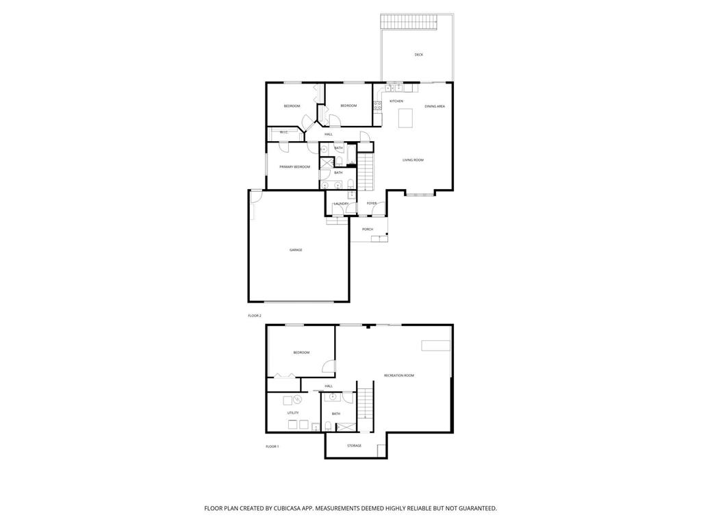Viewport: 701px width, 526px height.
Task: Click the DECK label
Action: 418,55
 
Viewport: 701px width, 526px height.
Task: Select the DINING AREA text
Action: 435,106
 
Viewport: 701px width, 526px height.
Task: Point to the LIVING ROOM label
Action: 413,160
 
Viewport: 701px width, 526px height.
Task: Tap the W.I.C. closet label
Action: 283,132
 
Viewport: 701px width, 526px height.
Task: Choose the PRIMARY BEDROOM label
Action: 294,167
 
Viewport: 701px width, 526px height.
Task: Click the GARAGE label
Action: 296,250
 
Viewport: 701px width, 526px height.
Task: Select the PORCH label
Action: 368,229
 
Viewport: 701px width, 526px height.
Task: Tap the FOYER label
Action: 372,203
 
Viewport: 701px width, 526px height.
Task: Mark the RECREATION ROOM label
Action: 399,375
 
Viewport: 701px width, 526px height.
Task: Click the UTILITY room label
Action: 292,413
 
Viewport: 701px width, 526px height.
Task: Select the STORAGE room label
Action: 354,446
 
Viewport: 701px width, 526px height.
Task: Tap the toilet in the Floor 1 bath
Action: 329,426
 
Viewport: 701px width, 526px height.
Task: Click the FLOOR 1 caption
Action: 272,447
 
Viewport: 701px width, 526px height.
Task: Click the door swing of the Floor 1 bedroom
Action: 329,366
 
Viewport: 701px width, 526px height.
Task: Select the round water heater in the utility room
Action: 298,399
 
